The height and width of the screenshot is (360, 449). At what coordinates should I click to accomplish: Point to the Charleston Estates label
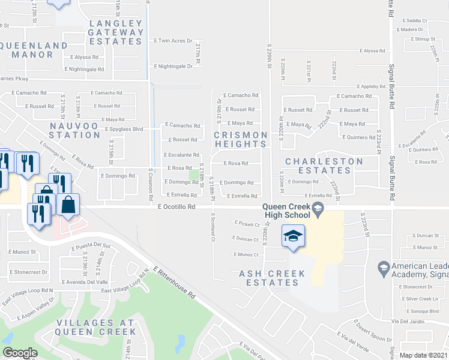point(324,166)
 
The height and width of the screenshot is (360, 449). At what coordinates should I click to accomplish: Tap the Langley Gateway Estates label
point(116,32)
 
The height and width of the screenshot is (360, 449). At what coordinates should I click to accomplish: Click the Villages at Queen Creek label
point(96,327)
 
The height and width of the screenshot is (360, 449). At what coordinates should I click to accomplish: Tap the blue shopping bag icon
point(69,204)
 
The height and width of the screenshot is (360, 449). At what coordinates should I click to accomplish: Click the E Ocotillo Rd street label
point(176,206)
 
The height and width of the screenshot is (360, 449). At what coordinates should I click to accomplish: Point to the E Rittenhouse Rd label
point(174,283)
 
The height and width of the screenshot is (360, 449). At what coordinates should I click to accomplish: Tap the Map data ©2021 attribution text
point(424,355)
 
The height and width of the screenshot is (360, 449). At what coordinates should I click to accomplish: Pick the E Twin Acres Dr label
point(173,41)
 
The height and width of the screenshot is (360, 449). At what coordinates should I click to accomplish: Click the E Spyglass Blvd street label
point(124,129)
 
